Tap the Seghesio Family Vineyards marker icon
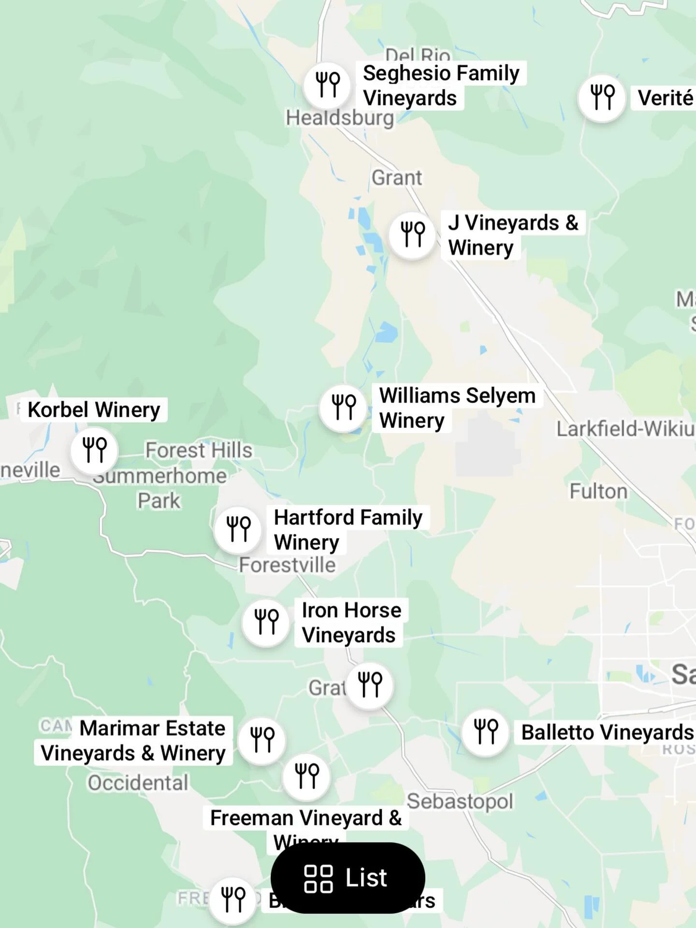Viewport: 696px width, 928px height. coord(327,86)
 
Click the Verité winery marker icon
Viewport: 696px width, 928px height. coord(602,98)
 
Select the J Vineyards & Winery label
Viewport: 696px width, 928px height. coord(512,235)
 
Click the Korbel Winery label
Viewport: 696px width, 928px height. coord(94,410)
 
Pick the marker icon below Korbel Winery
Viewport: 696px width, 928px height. coord(94,450)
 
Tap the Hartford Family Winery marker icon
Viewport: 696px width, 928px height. coord(238,529)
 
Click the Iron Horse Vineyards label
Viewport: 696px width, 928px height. coord(351,623)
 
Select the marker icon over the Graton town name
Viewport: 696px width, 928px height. coord(370,685)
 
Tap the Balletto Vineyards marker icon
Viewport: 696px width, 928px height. coord(485,732)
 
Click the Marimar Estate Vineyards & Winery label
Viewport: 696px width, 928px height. coord(133,740)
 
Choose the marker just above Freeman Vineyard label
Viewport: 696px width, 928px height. coord(306,777)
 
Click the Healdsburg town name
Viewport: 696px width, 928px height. coord(340,118)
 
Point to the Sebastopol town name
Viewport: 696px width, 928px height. coord(460,801)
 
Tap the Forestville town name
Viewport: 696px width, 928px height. coord(287,565)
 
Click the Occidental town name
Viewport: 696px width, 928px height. coord(138,783)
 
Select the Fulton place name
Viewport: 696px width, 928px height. coord(598,492)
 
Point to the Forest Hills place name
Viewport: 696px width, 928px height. coord(199,450)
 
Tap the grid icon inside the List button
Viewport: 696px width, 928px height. coord(318,879)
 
